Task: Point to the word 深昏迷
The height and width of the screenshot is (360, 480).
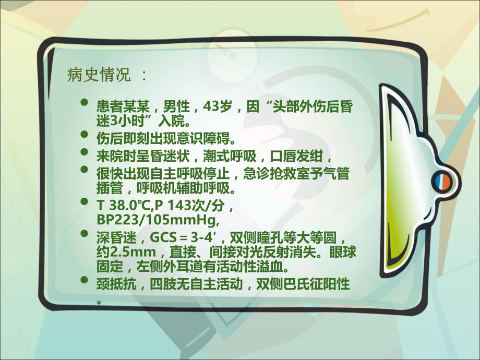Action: (115, 238)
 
